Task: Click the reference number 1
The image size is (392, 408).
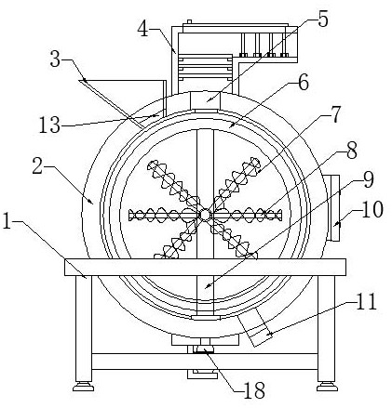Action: point(7,222)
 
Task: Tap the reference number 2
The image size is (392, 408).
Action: point(37,166)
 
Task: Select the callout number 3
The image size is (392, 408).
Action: point(55,59)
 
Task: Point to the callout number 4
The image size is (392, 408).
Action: point(143,30)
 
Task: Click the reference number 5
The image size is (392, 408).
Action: point(323,20)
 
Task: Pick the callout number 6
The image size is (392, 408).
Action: point(304,83)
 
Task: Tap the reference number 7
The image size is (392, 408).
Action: point(335,114)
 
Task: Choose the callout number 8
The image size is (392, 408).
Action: point(352,151)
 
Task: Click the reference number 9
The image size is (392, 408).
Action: point(369,179)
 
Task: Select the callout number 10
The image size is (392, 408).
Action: point(372,210)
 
